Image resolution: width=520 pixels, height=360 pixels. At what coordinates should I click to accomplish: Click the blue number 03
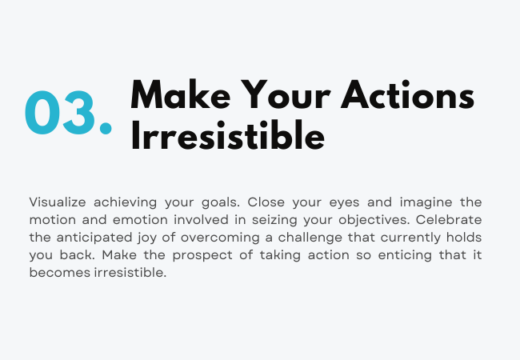60,112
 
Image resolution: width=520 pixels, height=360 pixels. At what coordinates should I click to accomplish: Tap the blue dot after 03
106,128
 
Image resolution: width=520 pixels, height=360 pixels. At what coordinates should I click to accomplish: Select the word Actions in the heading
407,94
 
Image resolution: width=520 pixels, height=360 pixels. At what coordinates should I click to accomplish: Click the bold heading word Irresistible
228,135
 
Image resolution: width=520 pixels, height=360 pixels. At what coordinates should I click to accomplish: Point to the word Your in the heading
286,94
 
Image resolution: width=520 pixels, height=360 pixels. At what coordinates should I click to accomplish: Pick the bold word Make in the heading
181,94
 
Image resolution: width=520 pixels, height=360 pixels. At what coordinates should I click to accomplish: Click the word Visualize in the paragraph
58,202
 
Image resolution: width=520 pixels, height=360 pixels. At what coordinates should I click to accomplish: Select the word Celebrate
449,220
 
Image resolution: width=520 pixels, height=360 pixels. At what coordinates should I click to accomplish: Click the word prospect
202,255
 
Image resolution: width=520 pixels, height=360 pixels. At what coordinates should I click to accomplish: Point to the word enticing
405,255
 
